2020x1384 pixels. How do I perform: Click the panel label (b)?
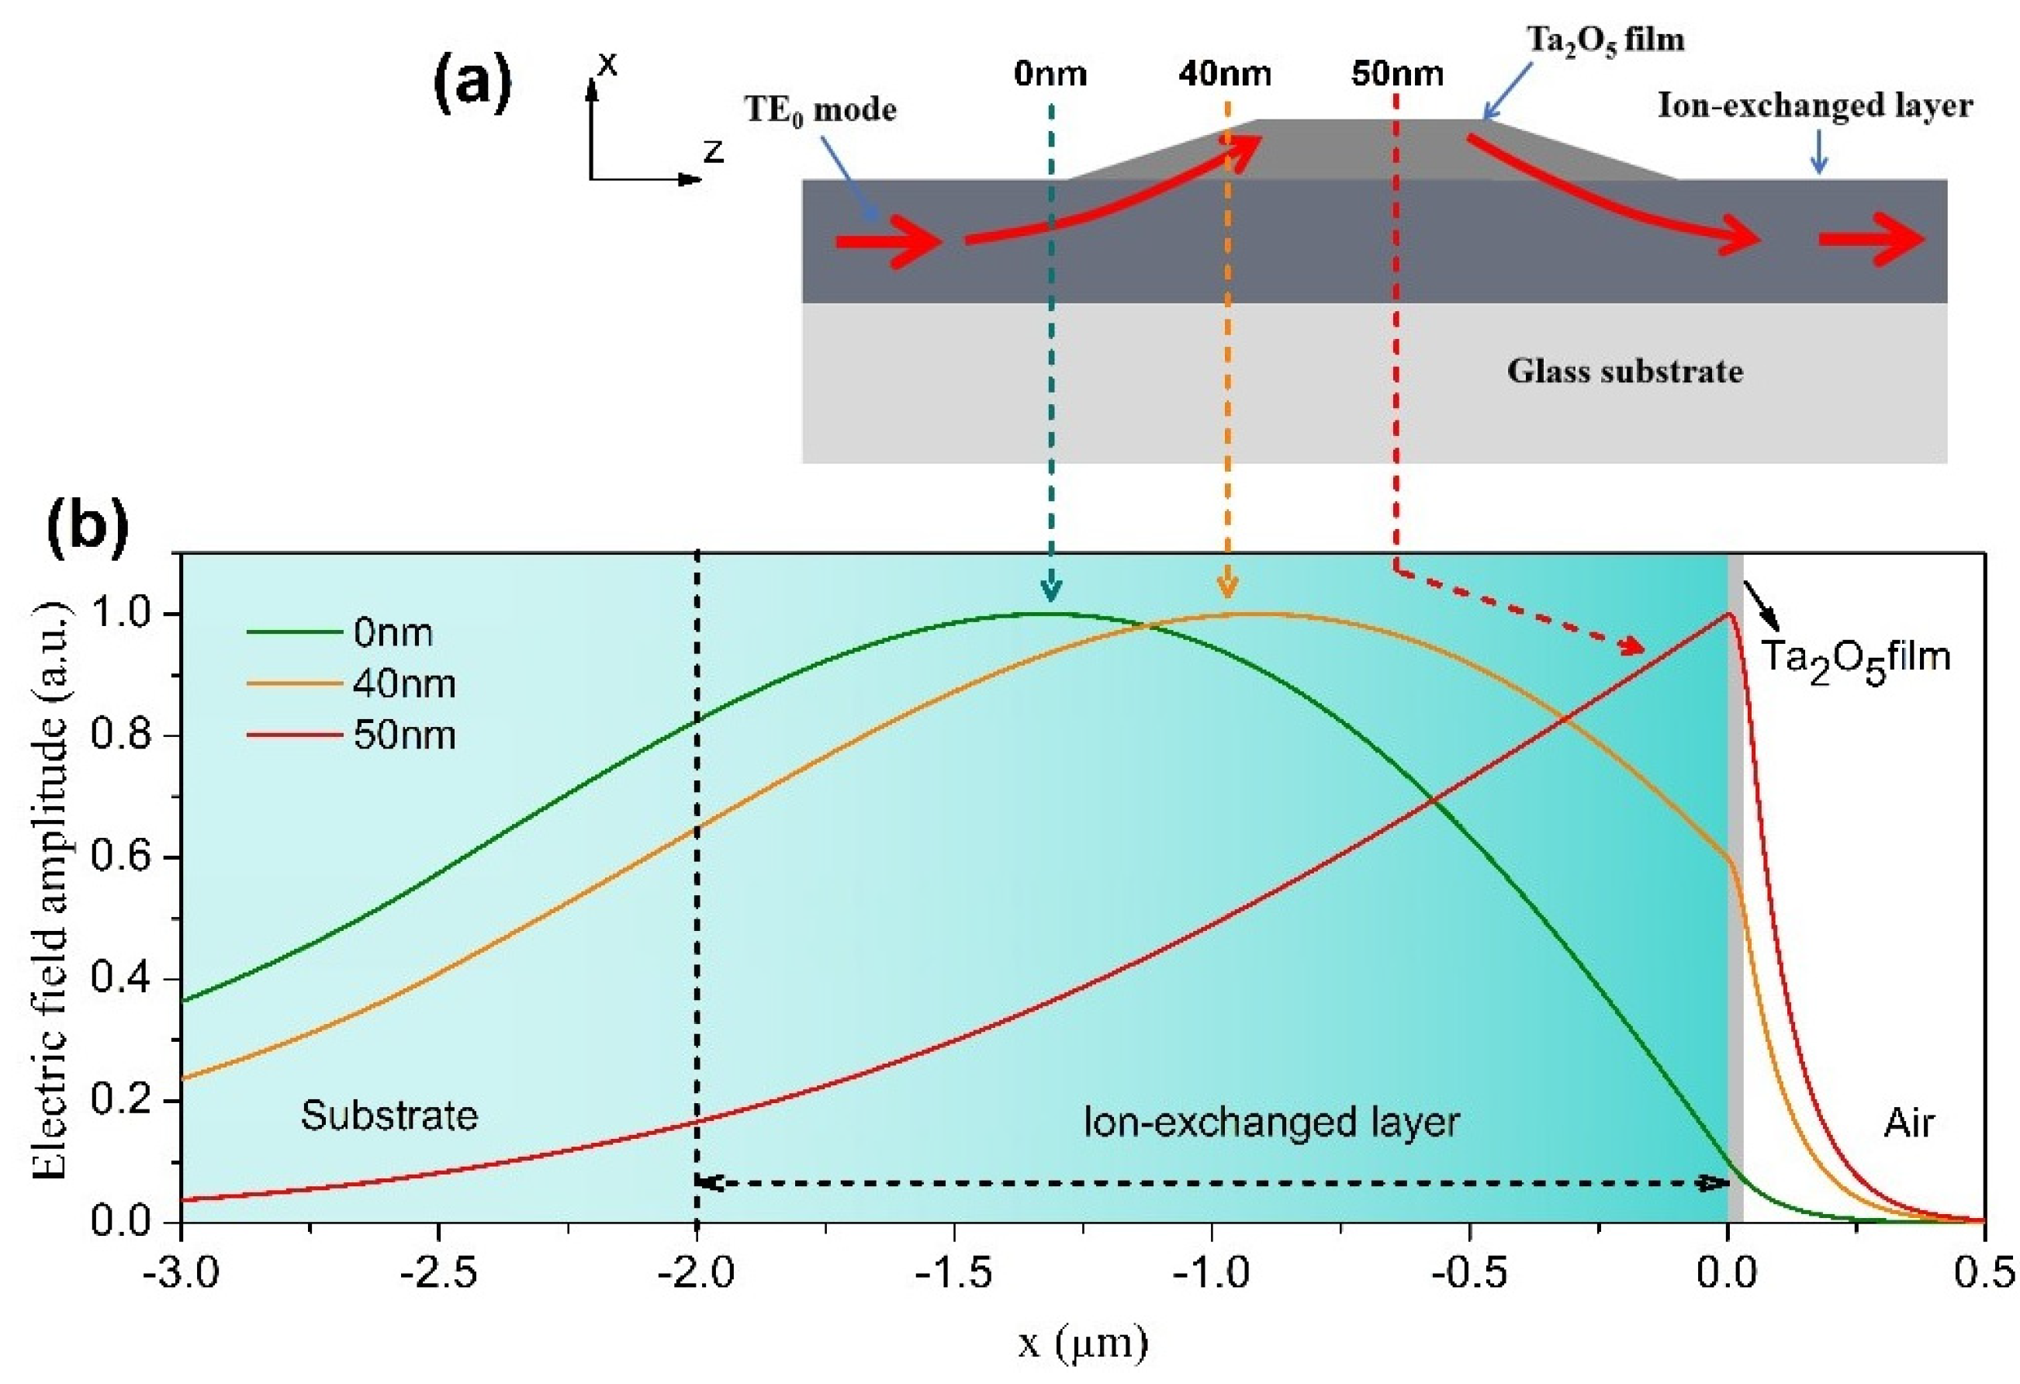pyautogui.click(x=87, y=528)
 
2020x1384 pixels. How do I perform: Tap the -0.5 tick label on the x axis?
pyautogui.click(x=1469, y=1275)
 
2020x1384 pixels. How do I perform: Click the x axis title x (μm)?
pyautogui.click(x=1083, y=1344)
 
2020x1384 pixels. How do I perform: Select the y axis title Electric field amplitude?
pyautogui.click(x=52, y=887)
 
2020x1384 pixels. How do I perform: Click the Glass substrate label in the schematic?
pyautogui.click(x=1624, y=371)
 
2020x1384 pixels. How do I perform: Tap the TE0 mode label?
pyautogui.click(x=820, y=110)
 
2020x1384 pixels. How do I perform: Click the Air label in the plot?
pyautogui.click(x=1909, y=1123)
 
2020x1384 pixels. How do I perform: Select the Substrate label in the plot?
pyautogui.click(x=389, y=1116)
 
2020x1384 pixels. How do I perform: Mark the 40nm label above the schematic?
pyautogui.click(x=1225, y=74)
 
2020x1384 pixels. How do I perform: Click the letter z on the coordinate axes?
pyautogui.click(x=714, y=151)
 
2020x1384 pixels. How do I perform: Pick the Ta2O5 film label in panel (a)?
pyautogui.click(x=1606, y=40)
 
